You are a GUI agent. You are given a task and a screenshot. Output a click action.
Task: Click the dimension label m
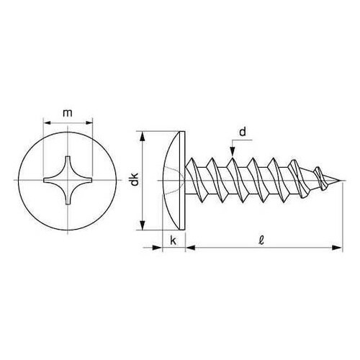click(68, 113)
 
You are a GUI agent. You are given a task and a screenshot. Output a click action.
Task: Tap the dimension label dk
click(135, 179)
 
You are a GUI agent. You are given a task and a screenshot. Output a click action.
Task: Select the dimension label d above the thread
click(243, 132)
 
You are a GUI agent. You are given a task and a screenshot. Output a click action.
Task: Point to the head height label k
click(173, 240)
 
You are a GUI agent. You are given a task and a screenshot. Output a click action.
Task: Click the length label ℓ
click(262, 240)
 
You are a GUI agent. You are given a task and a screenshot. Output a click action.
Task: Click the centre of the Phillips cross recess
click(68, 180)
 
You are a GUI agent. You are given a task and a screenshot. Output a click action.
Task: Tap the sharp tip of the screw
click(341, 181)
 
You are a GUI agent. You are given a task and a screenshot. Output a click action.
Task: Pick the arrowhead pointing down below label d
click(232, 152)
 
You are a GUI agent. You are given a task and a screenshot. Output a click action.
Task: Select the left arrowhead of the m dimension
click(48, 123)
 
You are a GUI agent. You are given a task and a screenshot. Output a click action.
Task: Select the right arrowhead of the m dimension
click(89, 123)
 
